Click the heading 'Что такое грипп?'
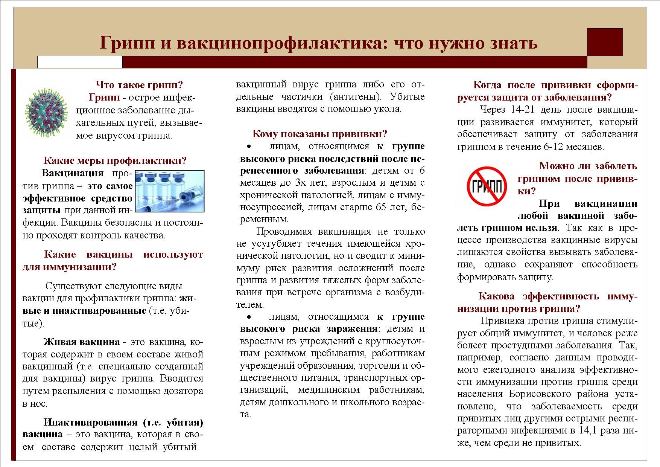(139, 85)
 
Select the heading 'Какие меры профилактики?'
(115, 161)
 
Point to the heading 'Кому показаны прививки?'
(319, 134)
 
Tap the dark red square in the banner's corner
(605, 42)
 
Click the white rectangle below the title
(80, 62)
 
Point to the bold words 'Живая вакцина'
(82, 342)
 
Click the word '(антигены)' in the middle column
(354, 97)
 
